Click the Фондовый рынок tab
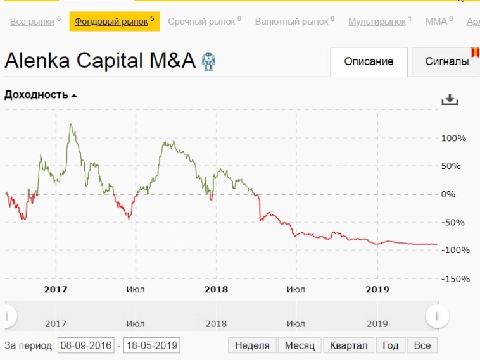(114, 22)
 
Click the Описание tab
(369, 61)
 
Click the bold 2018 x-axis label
(216, 289)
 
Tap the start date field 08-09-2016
(85, 345)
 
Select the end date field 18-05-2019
(152, 345)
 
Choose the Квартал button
(348, 345)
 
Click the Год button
(391, 345)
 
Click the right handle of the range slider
(437, 316)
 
